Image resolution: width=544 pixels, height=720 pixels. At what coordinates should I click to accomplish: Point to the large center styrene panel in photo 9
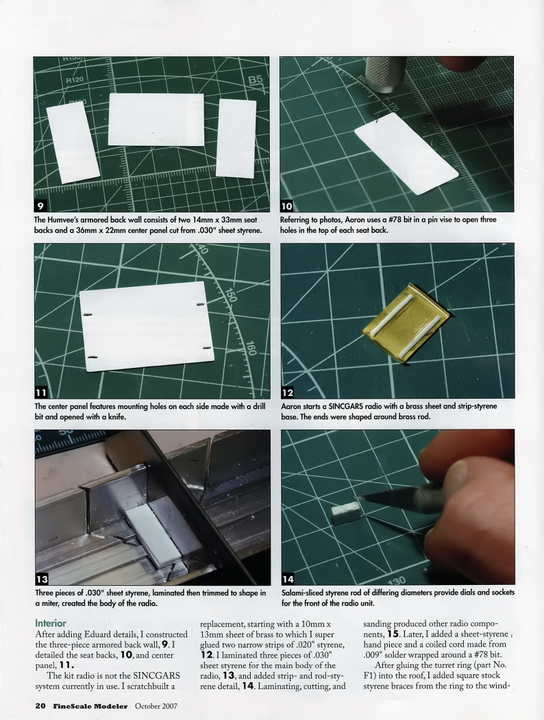click(x=156, y=119)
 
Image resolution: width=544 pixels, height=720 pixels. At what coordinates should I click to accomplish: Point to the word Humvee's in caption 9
click(x=70, y=220)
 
